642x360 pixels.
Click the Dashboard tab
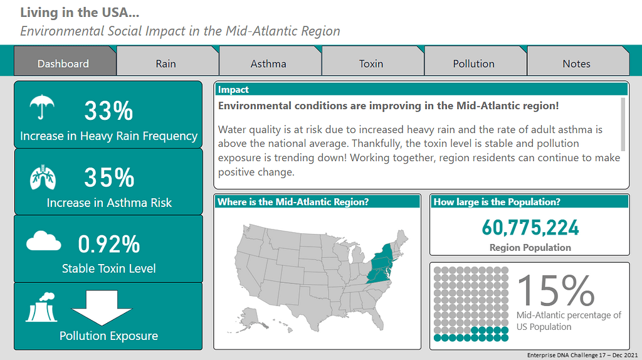pyautogui.click(x=63, y=63)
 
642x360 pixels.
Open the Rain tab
pyautogui.click(x=166, y=63)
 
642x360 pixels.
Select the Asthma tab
pyautogui.click(x=268, y=63)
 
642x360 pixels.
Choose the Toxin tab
pyautogui.click(x=371, y=63)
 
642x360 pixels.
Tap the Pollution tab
pyautogui.click(x=474, y=63)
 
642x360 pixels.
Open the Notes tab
pyautogui.click(x=576, y=63)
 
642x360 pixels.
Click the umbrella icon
pyautogui.click(x=42, y=107)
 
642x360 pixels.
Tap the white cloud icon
pyautogui.click(x=43, y=241)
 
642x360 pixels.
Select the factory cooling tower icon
pyautogui.click(x=41, y=307)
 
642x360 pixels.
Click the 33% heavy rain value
pyautogui.click(x=108, y=112)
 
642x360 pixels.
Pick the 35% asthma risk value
pyautogui.click(x=109, y=178)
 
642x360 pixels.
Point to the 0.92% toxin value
pyautogui.click(x=109, y=244)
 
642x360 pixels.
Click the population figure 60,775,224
pyautogui.click(x=530, y=227)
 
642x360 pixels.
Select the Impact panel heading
pyautogui.click(x=234, y=90)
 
